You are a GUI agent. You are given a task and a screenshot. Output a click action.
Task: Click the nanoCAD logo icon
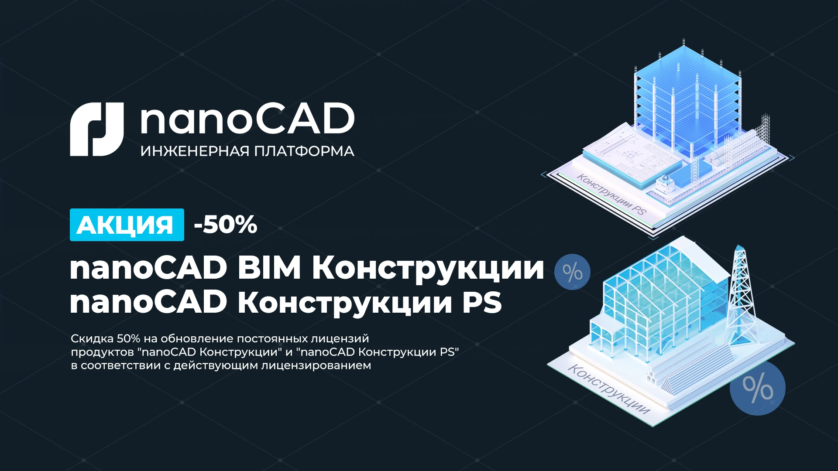click(97, 130)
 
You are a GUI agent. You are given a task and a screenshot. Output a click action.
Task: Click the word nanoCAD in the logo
click(247, 119)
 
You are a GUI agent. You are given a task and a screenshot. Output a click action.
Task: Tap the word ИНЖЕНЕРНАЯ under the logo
click(195, 151)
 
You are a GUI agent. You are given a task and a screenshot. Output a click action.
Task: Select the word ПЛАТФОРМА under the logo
click(304, 151)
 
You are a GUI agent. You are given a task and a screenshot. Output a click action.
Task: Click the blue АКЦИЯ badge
click(127, 225)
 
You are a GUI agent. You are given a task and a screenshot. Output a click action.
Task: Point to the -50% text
click(226, 225)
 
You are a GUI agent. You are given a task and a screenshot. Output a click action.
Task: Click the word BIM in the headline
click(269, 268)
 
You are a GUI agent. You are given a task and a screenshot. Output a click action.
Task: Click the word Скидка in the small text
click(92, 339)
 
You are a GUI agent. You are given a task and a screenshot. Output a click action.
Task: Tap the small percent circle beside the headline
click(572, 272)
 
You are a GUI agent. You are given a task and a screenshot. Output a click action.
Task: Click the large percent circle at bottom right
click(757, 388)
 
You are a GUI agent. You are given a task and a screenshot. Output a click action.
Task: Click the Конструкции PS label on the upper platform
click(611, 194)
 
